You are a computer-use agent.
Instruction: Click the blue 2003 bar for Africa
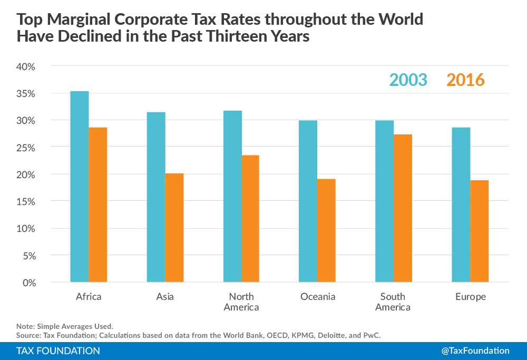point(80,187)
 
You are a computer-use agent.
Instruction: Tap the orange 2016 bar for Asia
point(174,228)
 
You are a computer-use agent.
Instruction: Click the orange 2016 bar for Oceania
point(326,230)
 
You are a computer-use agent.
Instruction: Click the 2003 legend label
point(408,80)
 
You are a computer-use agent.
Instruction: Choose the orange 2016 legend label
point(465,80)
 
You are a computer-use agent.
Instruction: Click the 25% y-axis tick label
point(25,148)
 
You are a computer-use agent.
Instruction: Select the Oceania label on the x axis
point(318,297)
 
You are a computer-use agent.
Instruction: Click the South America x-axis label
point(393,302)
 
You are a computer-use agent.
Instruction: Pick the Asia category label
point(165,297)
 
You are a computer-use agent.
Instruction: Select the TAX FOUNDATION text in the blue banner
point(58,351)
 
